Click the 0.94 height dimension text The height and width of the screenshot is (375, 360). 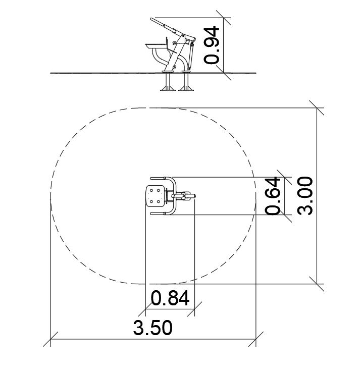pos(212,45)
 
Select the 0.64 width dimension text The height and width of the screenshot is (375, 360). pos(273,196)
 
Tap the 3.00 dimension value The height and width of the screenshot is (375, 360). pos(305,196)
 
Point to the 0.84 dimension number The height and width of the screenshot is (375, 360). pos(170,298)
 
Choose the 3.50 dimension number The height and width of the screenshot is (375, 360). pos(152,328)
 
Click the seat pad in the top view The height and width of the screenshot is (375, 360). pos(155,196)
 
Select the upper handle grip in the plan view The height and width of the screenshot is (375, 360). pos(158,178)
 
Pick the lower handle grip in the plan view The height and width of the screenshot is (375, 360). pos(158,213)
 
